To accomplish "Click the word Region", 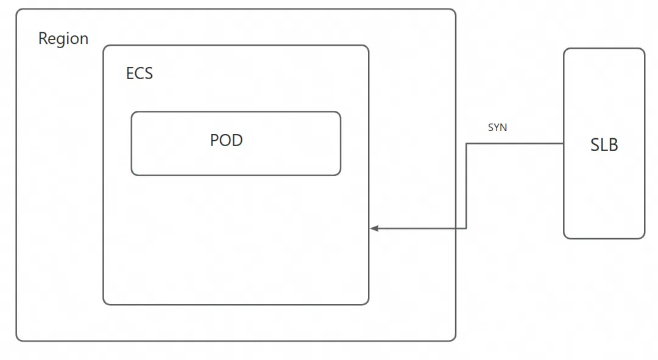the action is [x=63, y=38].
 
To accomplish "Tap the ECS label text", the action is [x=140, y=74].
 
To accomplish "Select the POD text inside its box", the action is [x=226, y=140].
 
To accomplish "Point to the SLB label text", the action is [x=604, y=145].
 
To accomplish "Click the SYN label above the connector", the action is [x=497, y=127].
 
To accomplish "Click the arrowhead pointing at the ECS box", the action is [x=374, y=228].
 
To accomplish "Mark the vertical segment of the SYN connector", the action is [x=466, y=186].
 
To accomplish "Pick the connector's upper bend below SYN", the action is [x=466, y=144].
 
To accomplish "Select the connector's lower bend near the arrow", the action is [x=466, y=228].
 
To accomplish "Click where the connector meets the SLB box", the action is [x=564, y=144].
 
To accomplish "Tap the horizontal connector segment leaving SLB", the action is [x=515, y=144].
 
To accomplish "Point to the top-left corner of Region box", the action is [x=17, y=9].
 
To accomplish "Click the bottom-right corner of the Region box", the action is [x=455, y=341].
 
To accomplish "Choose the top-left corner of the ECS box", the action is [x=104, y=46].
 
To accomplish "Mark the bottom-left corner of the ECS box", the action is [x=104, y=304].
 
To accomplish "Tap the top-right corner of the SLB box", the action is [x=644, y=49].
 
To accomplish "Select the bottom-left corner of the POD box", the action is [x=132, y=175].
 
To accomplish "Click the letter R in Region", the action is [x=43, y=38].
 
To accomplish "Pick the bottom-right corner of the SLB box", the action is [x=644, y=238].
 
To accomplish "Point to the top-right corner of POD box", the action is [x=340, y=112].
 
